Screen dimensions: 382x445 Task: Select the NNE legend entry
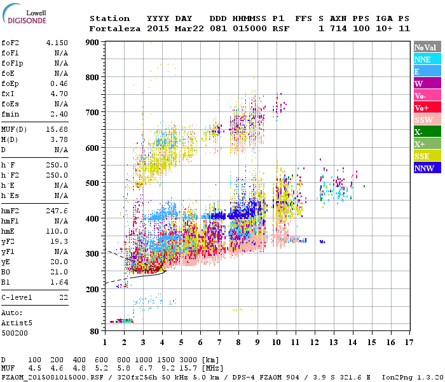tap(422, 59)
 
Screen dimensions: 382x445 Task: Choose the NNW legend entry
tap(423, 169)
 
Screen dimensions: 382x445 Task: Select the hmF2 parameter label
tap(11, 210)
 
